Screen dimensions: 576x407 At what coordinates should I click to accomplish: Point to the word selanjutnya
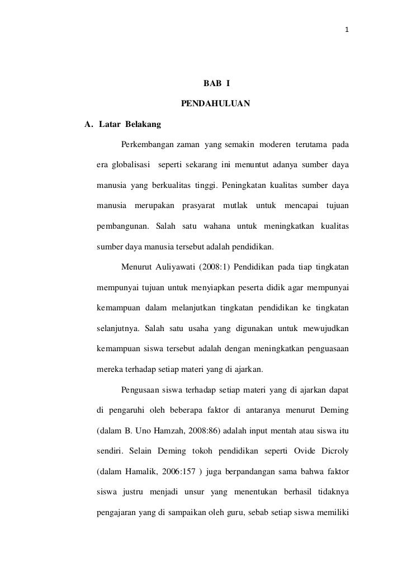click(x=119, y=328)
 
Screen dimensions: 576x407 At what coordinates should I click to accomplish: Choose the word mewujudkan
click(x=326, y=328)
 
